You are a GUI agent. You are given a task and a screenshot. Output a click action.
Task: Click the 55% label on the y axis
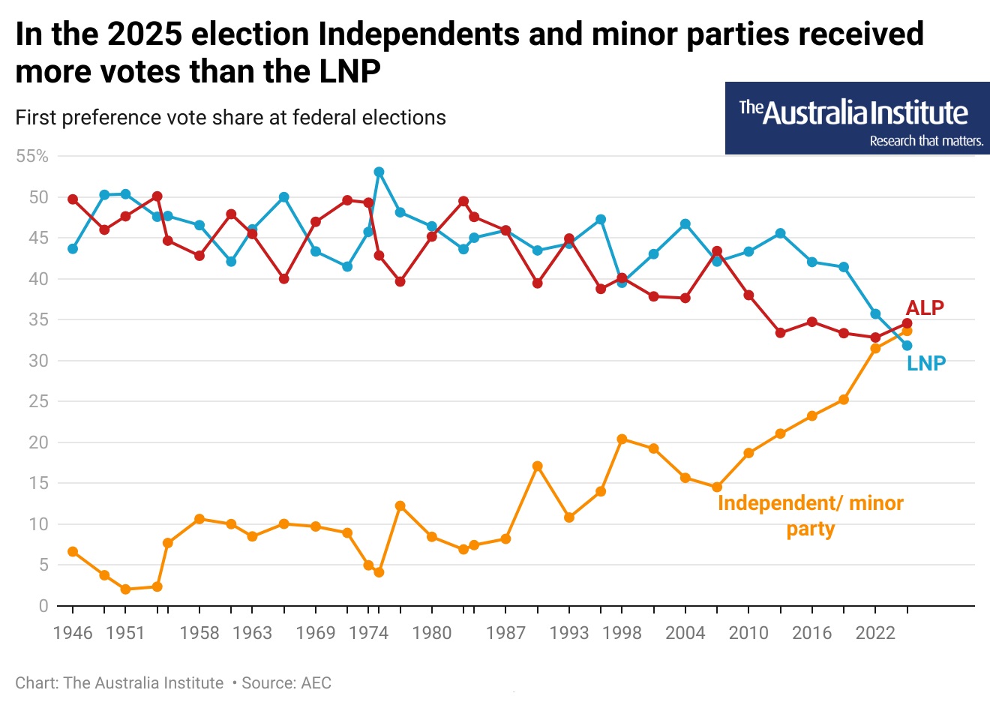coord(31,157)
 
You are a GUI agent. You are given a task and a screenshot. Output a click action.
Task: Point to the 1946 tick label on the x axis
coord(73,633)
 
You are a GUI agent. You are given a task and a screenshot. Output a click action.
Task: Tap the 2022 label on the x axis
coord(875,633)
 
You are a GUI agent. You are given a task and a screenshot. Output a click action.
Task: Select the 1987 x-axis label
coord(505,633)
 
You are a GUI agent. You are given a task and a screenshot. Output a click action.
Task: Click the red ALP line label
coord(925,308)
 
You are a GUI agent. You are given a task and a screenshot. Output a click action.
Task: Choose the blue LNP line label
coord(926,364)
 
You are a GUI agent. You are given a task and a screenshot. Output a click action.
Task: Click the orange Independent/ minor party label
coord(810,516)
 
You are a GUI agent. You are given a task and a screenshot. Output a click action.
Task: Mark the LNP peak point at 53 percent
coord(379,172)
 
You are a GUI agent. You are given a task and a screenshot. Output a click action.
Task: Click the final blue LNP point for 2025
coord(907,346)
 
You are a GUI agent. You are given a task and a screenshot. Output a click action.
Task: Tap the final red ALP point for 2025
coord(907,323)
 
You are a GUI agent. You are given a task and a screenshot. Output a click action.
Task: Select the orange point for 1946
coord(73,551)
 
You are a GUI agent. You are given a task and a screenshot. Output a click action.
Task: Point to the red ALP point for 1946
coord(73,199)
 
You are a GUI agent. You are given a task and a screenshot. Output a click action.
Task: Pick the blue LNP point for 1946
coord(73,248)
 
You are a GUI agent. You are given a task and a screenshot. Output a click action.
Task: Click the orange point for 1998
coord(622,439)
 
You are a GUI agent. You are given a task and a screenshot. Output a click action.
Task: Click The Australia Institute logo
coord(857,118)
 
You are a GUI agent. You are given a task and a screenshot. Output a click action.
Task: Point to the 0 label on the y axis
coord(43,606)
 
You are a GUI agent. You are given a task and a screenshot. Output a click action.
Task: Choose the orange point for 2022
coord(875,348)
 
